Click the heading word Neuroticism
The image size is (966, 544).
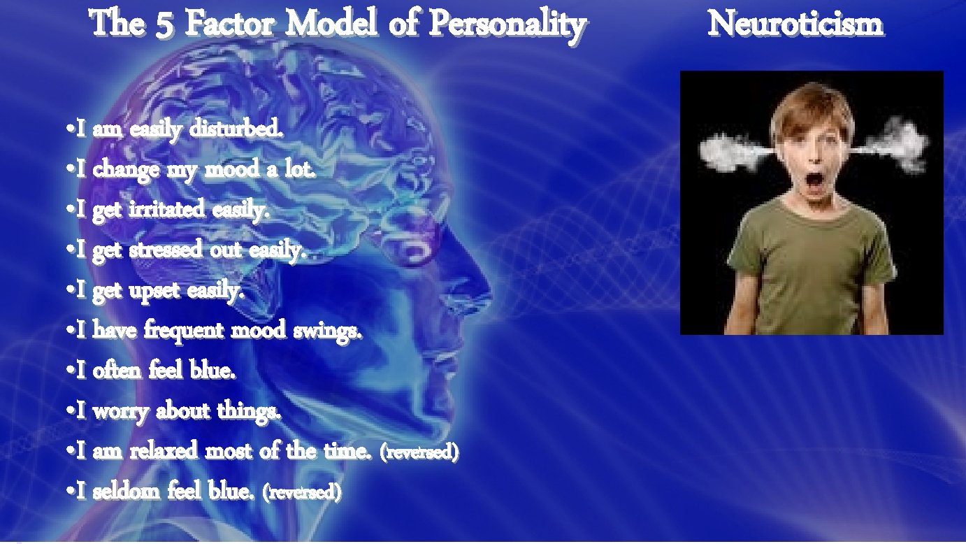(x=796, y=25)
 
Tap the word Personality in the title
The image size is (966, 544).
(x=507, y=25)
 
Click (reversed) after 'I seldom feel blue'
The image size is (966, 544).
(x=301, y=492)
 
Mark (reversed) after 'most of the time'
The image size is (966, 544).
(x=419, y=452)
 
